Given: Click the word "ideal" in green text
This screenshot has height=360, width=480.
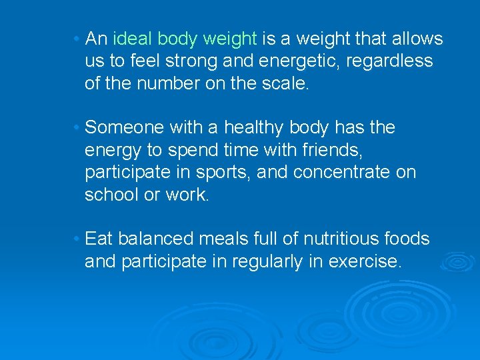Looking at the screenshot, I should (134, 39).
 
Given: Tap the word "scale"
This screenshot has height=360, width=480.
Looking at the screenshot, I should (288, 84).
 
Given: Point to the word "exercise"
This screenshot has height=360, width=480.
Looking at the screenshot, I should (365, 261).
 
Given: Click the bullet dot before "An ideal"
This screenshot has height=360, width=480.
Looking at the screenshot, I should (78, 39).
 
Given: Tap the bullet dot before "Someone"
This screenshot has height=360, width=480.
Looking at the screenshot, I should (78, 127).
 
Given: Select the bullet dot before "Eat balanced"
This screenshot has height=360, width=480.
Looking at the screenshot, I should (78, 239).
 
